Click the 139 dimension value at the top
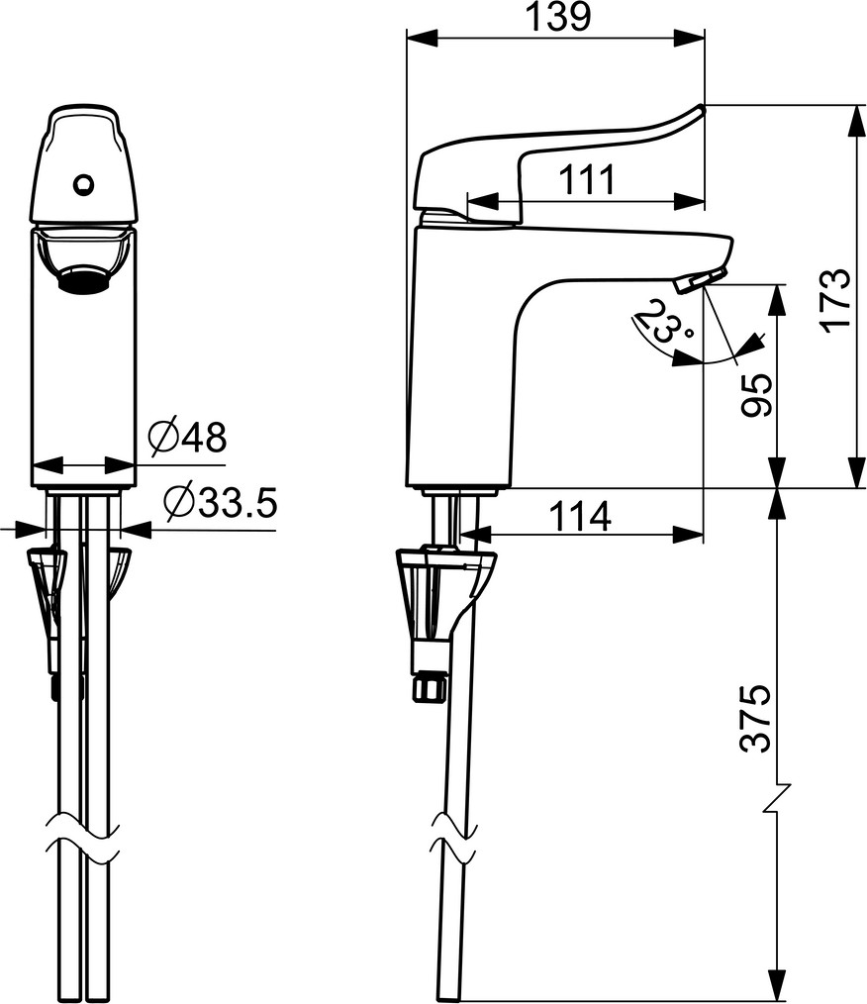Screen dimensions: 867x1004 pyautogui.click(x=557, y=17)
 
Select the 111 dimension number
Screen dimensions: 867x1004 pyautogui.click(x=587, y=180)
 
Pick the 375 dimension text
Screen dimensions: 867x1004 pyautogui.click(x=756, y=717)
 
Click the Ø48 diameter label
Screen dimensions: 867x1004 pyautogui.click(x=187, y=438)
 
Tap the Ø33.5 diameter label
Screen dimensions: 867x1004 pyautogui.click(x=221, y=502)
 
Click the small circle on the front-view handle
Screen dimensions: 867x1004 pyautogui.click(x=83, y=185)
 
